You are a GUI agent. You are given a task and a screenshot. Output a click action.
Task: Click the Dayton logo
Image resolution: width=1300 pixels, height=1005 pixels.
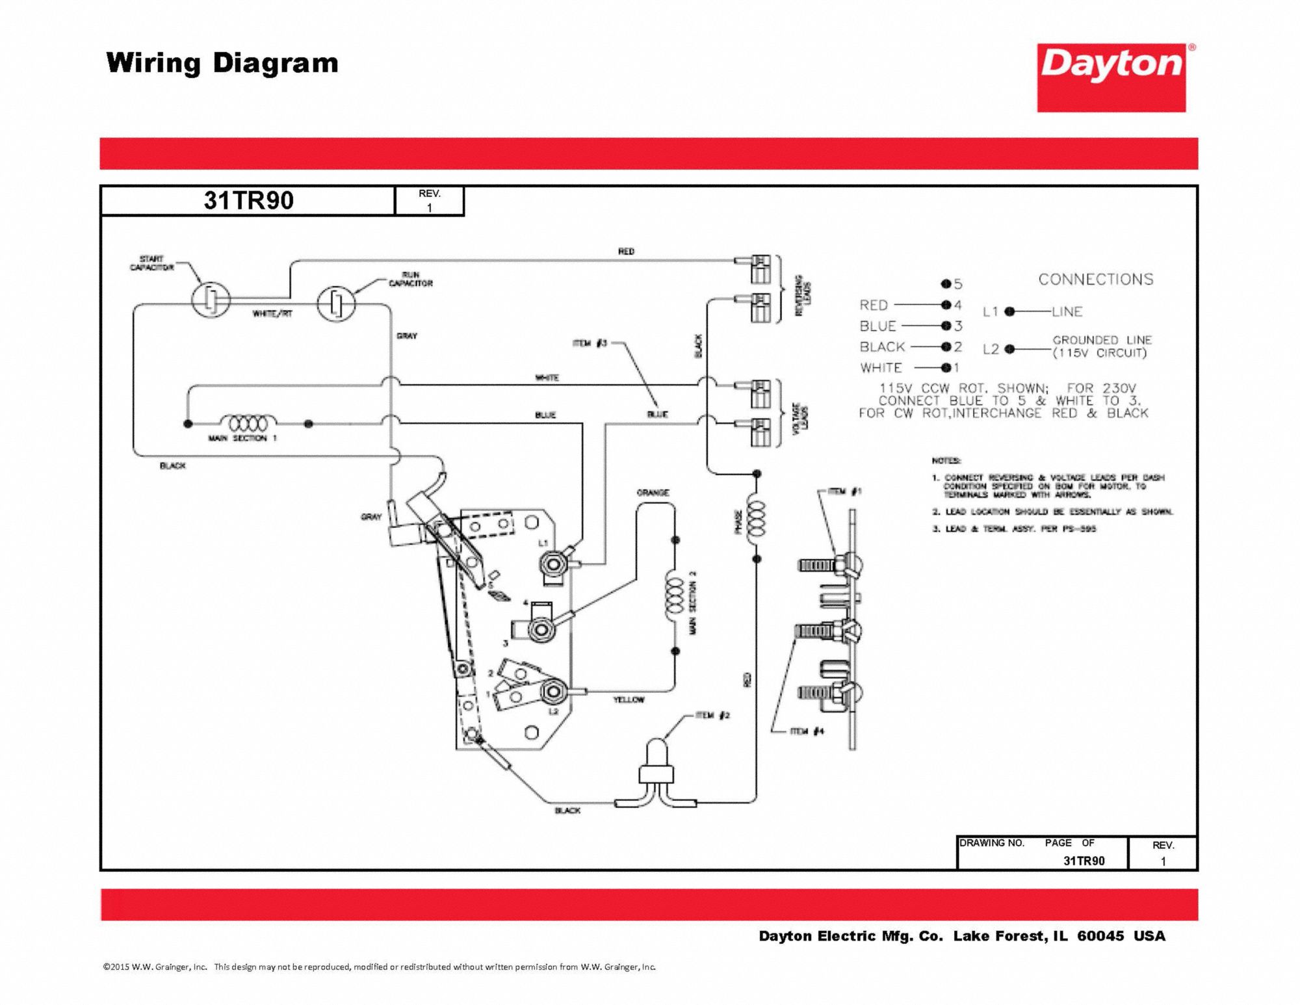[1111, 77]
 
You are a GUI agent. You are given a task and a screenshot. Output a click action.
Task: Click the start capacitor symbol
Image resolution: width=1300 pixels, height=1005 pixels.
[211, 300]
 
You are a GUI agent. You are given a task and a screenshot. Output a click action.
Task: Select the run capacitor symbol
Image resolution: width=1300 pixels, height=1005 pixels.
[336, 304]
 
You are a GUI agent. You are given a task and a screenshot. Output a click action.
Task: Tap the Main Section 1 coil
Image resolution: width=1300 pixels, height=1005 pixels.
[244, 423]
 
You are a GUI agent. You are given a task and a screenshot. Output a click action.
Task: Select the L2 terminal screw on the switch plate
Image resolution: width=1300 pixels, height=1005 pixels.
[552, 690]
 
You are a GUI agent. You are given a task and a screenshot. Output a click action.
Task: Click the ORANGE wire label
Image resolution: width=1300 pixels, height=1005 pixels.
[653, 493]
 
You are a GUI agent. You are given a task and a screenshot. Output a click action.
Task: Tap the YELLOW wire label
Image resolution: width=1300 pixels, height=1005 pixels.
[629, 699]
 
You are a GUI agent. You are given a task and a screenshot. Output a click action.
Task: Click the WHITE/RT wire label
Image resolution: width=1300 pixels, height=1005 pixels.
[272, 314]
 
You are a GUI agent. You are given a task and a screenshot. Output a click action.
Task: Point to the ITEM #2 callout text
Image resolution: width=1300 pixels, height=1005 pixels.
[712, 715]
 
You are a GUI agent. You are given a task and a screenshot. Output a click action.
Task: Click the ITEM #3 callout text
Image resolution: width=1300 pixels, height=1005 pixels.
[590, 343]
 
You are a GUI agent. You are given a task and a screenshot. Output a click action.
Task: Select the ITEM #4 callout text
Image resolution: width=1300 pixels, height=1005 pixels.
[807, 731]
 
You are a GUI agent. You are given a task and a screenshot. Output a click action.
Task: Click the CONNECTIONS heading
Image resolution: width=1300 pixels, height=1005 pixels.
[1095, 280]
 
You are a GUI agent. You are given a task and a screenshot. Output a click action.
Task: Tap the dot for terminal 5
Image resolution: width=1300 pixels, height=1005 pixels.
[946, 284]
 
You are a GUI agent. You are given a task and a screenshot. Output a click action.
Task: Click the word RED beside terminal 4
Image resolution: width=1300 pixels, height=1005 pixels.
[874, 305]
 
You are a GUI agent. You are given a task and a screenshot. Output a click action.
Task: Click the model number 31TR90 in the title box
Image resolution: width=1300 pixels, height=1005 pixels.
[248, 200]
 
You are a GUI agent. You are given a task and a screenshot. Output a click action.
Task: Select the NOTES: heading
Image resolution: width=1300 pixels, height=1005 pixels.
[946, 460]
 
